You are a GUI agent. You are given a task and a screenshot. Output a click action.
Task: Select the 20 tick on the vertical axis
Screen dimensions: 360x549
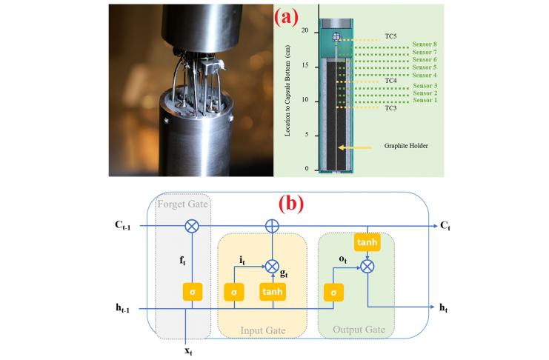click(305, 30)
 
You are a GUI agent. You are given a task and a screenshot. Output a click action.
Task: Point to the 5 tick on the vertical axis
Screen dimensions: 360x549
click(306, 135)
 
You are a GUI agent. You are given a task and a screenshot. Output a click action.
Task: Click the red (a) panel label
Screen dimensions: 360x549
click(290, 18)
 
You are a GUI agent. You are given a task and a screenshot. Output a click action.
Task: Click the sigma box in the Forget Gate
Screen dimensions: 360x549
click(192, 291)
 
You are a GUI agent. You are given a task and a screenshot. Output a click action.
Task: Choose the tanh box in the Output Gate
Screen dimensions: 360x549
click(367, 242)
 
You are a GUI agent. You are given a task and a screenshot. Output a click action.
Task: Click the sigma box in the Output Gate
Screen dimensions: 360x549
click(333, 291)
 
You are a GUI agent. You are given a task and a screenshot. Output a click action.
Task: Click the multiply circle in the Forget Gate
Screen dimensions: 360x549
click(192, 225)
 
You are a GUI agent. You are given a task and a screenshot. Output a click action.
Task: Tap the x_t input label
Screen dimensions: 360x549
click(189, 349)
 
